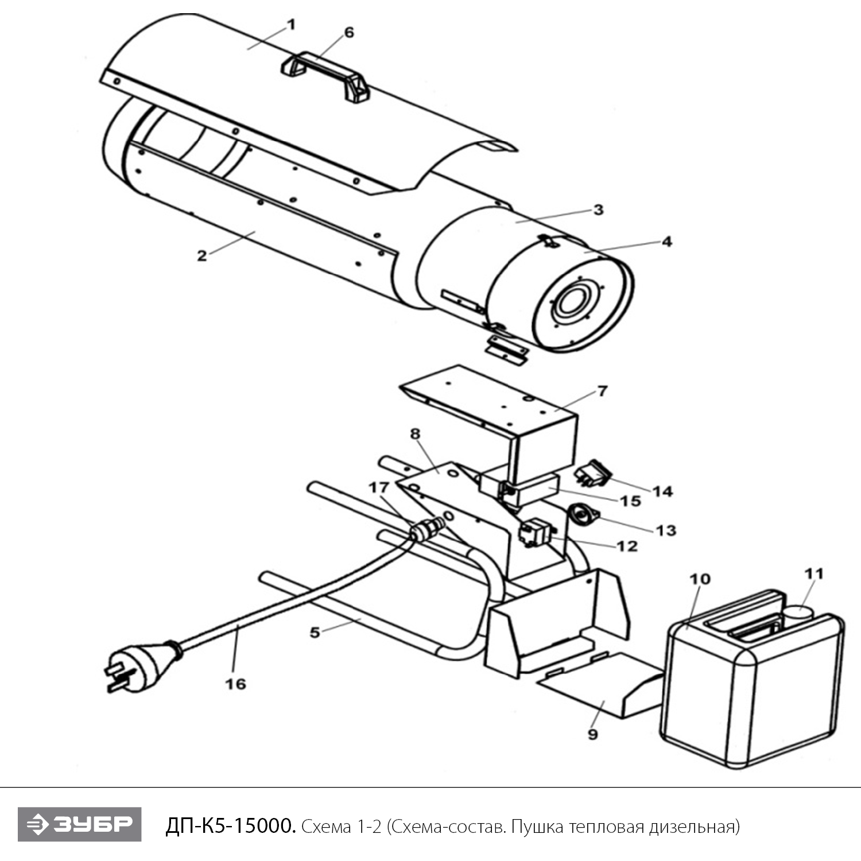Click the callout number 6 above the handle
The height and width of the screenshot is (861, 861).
point(348,32)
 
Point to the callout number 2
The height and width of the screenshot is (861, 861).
point(202,255)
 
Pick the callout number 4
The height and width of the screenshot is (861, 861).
point(666,242)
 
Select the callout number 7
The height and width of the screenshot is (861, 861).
point(602,391)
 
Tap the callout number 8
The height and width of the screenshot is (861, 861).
point(416,434)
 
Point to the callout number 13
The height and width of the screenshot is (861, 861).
point(666,530)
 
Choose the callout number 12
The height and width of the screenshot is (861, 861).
point(627,545)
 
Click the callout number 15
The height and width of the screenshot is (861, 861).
point(630,501)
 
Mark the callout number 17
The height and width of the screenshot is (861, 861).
point(378,488)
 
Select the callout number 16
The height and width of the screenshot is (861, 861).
point(235,684)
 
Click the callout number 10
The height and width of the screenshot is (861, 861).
point(700,579)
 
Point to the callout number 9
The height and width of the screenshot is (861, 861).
point(593,734)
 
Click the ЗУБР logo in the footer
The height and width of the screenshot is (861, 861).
point(79,825)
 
